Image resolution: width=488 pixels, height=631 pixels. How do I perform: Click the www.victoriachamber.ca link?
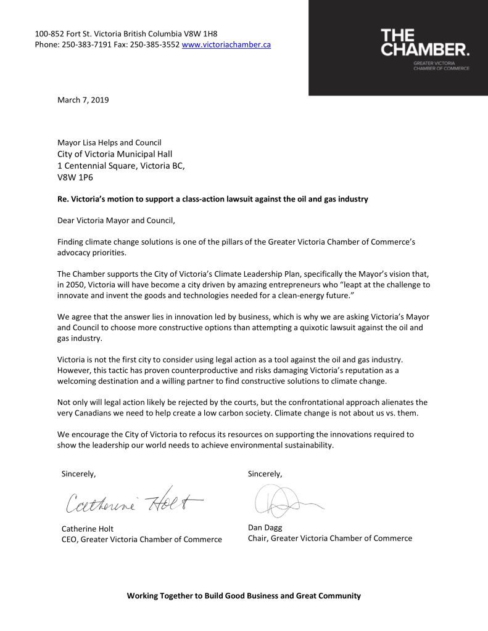coord(226,45)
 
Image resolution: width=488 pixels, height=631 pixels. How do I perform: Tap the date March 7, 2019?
coord(83,99)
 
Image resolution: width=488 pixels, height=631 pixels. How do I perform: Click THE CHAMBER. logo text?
coord(424,43)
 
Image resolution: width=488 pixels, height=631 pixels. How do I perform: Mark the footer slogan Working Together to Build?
coord(244,596)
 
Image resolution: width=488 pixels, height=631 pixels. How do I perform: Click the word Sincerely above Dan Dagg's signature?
coord(265,474)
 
